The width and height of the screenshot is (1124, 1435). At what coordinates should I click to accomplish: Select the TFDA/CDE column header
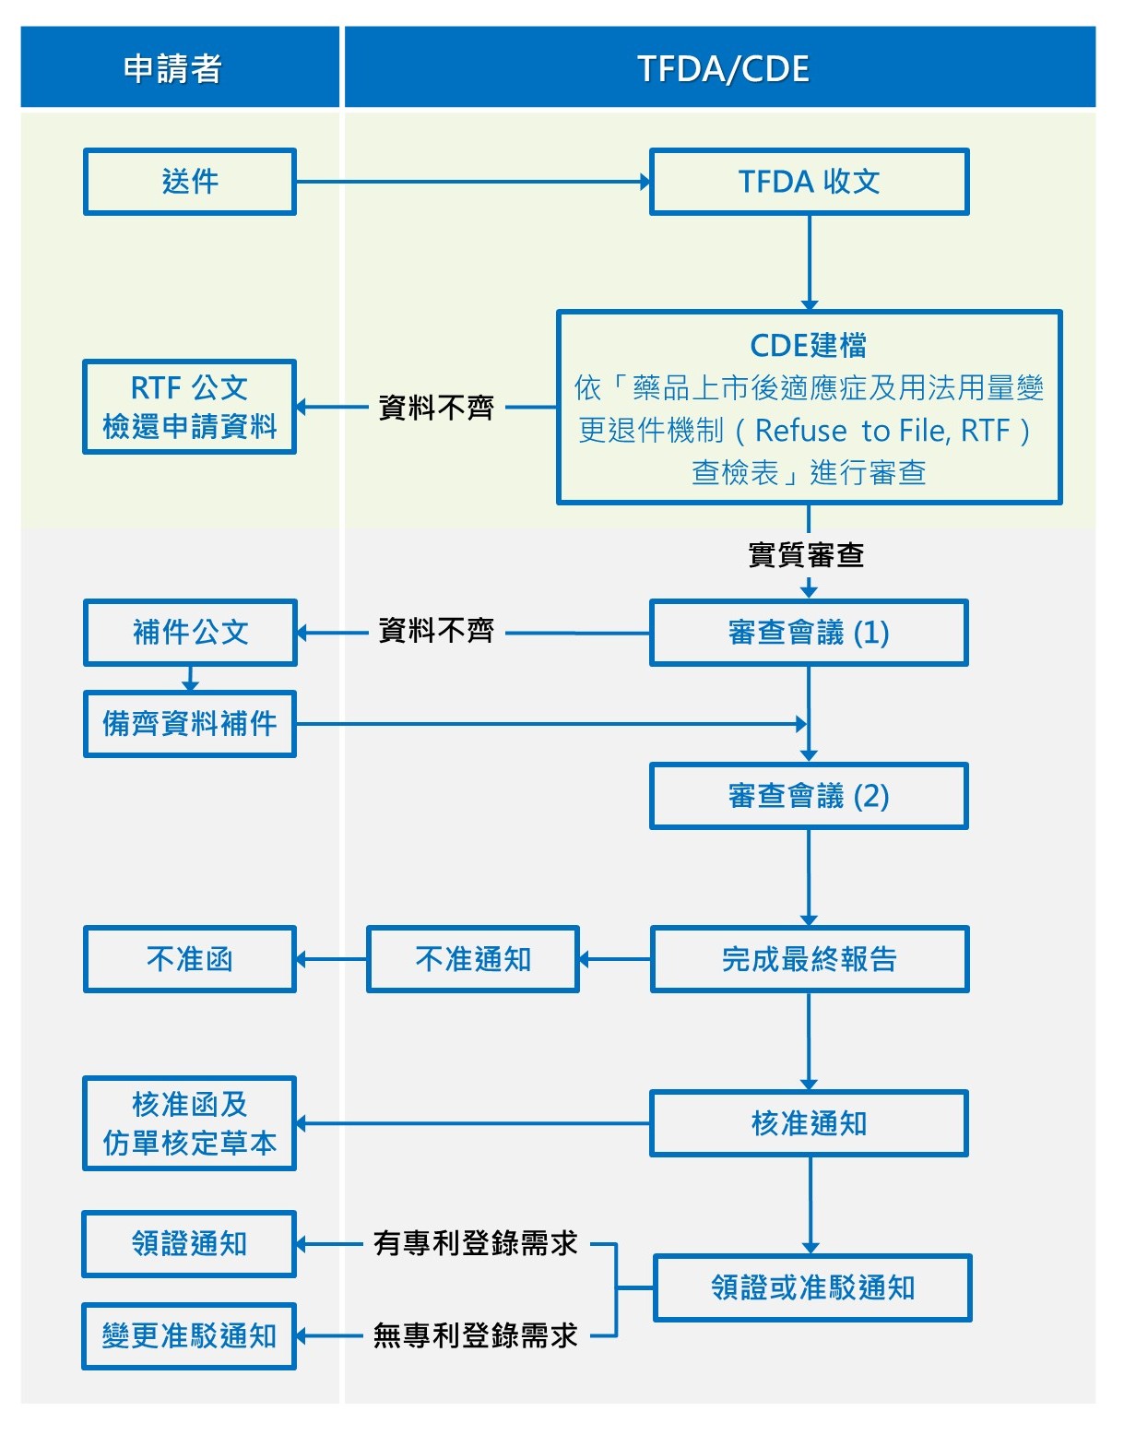[721, 68]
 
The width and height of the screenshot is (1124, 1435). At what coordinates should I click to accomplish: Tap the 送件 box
[190, 182]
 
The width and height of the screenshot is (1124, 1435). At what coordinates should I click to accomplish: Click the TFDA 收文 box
[809, 182]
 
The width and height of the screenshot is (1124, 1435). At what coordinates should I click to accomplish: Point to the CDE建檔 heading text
[809, 345]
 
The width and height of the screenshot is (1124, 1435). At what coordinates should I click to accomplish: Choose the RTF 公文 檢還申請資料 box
[190, 407]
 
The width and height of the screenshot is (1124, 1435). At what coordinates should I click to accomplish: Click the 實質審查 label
[805, 554]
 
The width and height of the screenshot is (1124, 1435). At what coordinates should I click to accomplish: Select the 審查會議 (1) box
[809, 633]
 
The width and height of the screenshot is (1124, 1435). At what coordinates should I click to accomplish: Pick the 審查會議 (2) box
[809, 796]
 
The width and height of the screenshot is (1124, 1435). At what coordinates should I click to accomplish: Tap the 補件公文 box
[190, 633]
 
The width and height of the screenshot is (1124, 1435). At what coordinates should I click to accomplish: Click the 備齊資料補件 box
[190, 724]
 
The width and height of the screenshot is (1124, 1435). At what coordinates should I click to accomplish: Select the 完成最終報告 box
[809, 959]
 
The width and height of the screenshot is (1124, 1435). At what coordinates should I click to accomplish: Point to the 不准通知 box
[473, 959]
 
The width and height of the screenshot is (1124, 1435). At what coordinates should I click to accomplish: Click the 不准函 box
[190, 959]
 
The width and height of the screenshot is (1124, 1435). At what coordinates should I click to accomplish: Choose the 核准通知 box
[809, 1123]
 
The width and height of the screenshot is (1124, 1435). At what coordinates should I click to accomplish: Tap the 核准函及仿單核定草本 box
[190, 1123]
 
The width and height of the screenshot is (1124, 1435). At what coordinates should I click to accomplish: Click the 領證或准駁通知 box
[812, 1287]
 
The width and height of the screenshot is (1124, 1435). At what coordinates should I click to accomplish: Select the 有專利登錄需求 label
[475, 1243]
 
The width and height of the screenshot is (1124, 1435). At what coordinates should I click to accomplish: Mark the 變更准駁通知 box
[189, 1336]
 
